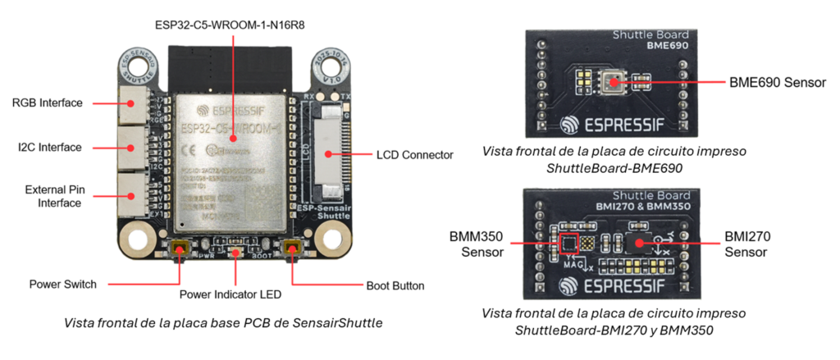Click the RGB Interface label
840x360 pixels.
click(47, 103)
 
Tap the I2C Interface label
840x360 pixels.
click(50, 148)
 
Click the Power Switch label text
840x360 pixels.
click(63, 285)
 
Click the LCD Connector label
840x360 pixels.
click(414, 154)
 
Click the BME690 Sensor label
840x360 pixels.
click(778, 83)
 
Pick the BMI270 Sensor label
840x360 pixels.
click(748, 244)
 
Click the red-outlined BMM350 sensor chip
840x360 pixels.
click(568, 244)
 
